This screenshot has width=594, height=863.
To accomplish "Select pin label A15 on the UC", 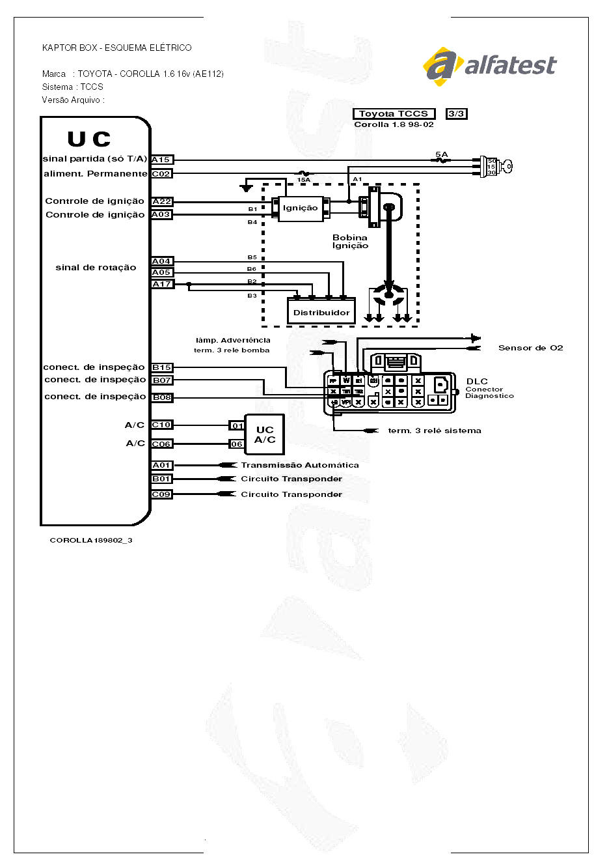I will [x=161, y=160].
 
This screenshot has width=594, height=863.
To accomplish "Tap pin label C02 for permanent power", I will [x=161, y=174].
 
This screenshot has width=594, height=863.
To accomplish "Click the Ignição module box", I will [x=301, y=208].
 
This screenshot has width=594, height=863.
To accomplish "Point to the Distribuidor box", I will [x=321, y=312].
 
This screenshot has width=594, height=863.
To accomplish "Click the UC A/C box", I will [x=265, y=434].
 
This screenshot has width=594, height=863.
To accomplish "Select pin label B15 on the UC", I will [x=161, y=367].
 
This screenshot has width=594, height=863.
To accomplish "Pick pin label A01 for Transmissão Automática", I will [x=161, y=465].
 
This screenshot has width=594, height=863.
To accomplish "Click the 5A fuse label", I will [x=441, y=154].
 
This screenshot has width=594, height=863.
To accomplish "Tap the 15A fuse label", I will [x=303, y=179].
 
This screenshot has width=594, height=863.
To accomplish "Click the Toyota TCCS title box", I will [x=394, y=114].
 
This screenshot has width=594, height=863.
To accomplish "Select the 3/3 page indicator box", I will [x=456, y=114].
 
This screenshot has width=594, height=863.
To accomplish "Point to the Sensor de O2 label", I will [x=530, y=348].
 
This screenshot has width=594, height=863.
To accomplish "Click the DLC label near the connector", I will [x=477, y=381].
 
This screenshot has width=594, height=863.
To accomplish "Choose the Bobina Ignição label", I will [x=350, y=242].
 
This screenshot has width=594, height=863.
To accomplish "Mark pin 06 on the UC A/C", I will [x=236, y=444].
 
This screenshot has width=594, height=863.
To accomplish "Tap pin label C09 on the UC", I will [x=161, y=494].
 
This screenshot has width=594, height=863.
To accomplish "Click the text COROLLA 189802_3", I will [x=91, y=540].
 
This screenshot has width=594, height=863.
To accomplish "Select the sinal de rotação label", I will [x=96, y=268].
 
